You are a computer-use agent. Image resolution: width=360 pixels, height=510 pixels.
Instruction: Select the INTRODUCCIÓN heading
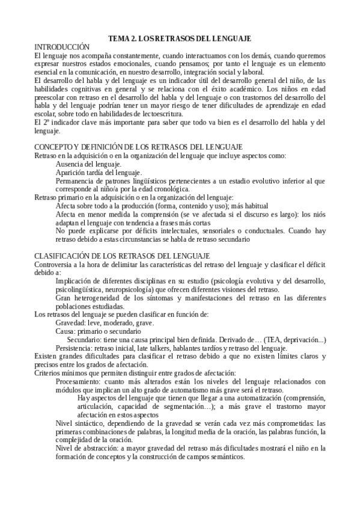coord(61,46)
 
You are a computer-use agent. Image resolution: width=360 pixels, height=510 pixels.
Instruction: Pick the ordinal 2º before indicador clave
coord(45,123)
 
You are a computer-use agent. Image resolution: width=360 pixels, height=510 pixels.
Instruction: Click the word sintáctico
coord(94,423)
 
